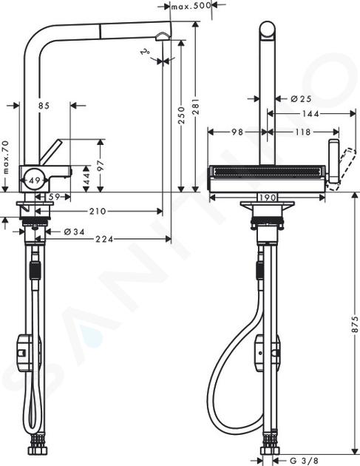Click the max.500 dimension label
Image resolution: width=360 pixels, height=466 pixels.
(191, 5)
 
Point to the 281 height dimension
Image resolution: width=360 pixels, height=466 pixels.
(196, 106)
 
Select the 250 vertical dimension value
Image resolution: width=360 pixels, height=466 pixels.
(182, 115)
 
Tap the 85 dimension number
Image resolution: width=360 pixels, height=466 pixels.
(44, 106)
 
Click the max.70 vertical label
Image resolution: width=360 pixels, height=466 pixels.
(5, 158)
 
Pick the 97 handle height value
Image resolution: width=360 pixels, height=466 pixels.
(101, 165)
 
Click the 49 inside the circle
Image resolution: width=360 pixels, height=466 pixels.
(35, 180)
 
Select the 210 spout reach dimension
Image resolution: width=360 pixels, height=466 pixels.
(98, 212)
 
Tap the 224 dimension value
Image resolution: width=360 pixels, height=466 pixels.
(104, 239)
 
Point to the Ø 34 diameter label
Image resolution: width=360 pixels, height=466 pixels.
(74, 232)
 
